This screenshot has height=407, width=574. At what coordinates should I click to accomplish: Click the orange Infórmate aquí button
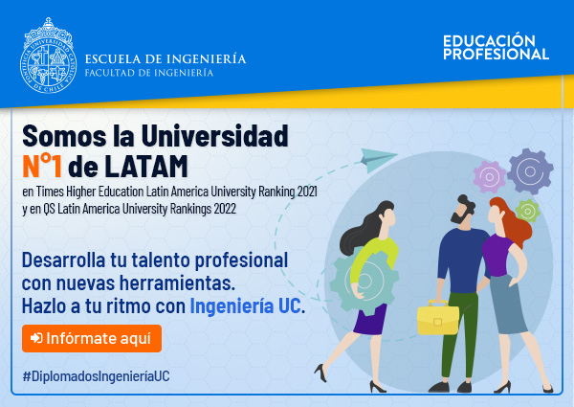[x=92, y=338]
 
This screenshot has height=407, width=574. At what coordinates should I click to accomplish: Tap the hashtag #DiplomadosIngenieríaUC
[x=97, y=376]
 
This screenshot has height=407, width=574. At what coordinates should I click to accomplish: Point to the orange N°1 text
[x=42, y=166]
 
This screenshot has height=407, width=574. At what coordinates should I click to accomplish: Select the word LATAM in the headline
[x=146, y=167]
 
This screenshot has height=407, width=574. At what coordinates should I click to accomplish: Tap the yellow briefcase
[x=438, y=318]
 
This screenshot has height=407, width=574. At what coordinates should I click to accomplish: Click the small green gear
[x=527, y=211]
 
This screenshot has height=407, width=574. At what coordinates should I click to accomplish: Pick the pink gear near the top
[x=489, y=177]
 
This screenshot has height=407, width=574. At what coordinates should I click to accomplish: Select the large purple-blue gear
[x=530, y=171]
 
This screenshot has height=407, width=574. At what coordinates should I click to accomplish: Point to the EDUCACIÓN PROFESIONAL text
[x=496, y=47]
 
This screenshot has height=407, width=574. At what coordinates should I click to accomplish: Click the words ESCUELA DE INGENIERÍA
[x=166, y=59]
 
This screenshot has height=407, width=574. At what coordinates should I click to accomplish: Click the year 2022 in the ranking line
[x=225, y=209]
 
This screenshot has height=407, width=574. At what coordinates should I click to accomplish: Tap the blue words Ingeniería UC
[x=245, y=305]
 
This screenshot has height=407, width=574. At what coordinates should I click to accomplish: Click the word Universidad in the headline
[x=214, y=136]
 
